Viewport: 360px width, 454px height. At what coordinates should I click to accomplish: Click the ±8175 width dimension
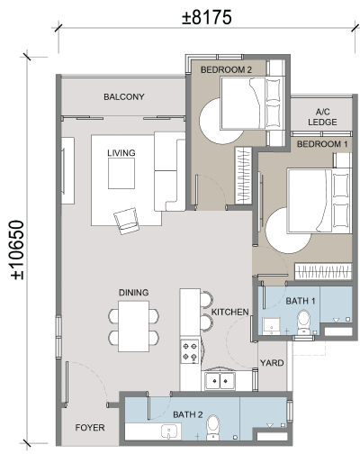(x=207, y=17)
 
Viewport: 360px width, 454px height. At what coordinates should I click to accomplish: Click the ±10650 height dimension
(x=17, y=250)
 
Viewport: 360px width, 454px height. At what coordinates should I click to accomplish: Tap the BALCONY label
(x=124, y=96)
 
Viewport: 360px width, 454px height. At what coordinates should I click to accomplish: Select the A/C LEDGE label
(x=322, y=117)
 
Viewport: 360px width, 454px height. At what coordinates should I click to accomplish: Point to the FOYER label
(x=90, y=428)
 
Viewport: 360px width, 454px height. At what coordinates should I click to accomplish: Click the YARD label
(x=272, y=363)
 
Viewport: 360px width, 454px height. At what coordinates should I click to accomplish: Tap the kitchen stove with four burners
(x=190, y=351)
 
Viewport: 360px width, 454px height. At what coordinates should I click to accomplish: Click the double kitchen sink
(x=220, y=381)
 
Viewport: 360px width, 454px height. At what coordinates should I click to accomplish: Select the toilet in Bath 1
(x=303, y=322)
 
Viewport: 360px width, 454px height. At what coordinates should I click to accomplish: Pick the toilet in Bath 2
(x=213, y=428)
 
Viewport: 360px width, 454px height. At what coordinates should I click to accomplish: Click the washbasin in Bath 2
(x=169, y=431)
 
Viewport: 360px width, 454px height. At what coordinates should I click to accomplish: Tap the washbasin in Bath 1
(x=272, y=326)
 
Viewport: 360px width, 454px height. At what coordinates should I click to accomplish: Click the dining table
(x=133, y=326)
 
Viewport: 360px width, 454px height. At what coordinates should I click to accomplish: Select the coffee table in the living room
(x=121, y=173)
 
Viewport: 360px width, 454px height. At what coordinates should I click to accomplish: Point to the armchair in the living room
(x=127, y=221)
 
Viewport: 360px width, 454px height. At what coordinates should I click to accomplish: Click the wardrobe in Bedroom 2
(x=243, y=176)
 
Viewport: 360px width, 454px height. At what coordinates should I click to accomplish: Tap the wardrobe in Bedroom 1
(x=323, y=271)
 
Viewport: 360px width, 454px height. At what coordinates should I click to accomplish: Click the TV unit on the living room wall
(x=67, y=170)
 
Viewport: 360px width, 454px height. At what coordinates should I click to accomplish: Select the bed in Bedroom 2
(x=252, y=104)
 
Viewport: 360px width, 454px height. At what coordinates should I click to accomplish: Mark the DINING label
(x=133, y=293)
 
